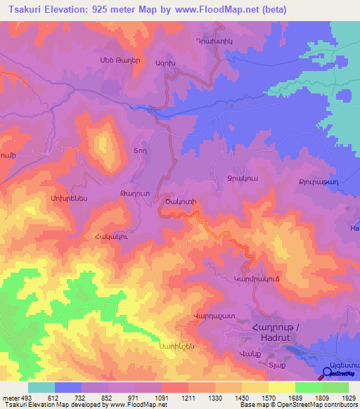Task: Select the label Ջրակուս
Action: tap(238, 178)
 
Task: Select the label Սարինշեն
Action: tap(175, 346)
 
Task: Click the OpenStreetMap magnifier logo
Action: tap(328, 373)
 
